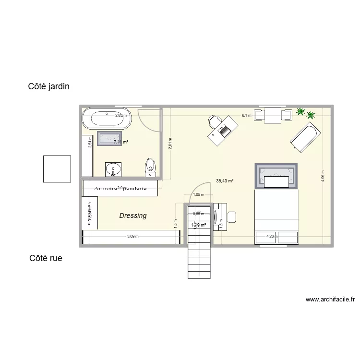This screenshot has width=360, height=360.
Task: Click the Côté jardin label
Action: coord(48,87)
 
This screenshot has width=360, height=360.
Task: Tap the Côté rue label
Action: coord(46,258)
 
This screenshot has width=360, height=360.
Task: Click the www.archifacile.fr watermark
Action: coord(331,300)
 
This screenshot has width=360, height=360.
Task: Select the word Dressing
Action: coord(133,216)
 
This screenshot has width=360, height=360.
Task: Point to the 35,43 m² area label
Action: coord(225,181)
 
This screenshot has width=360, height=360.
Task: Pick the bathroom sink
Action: coord(113,168)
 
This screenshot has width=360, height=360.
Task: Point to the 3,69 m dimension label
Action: coord(133,236)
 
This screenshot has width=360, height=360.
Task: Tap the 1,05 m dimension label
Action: coord(198,195)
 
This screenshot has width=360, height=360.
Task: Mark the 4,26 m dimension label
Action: coord(272,236)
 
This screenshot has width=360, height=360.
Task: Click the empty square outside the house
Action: coord(57,169)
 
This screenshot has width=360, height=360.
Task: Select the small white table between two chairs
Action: coord(273,116)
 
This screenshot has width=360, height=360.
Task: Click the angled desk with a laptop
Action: coord(223,130)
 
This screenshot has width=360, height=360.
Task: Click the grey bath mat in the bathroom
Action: coord(110,139)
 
